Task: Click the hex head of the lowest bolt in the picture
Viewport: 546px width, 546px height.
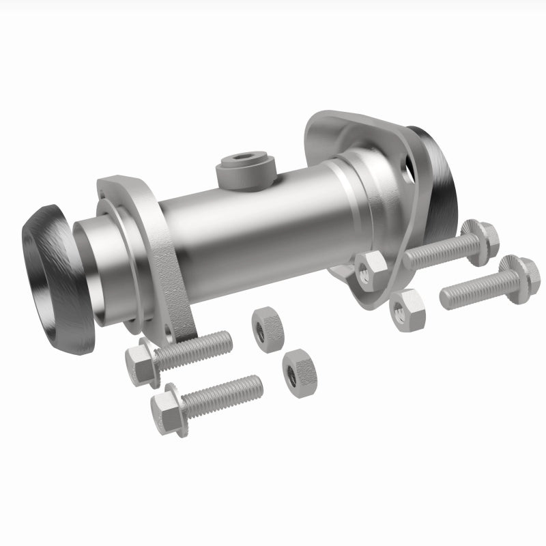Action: pyautogui.click(x=167, y=412)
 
